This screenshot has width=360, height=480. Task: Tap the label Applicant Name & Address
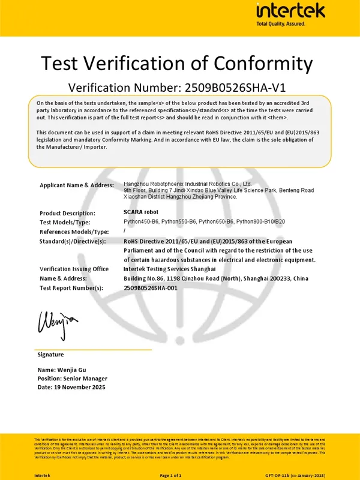click(x=76, y=185)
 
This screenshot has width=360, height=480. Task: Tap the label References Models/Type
click(x=74, y=231)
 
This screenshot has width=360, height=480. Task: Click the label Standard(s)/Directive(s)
click(x=72, y=241)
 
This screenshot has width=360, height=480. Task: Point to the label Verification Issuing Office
click(x=74, y=269)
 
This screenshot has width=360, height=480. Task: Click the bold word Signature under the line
click(x=50, y=355)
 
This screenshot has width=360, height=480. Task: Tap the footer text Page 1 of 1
click(x=172, y=475)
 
